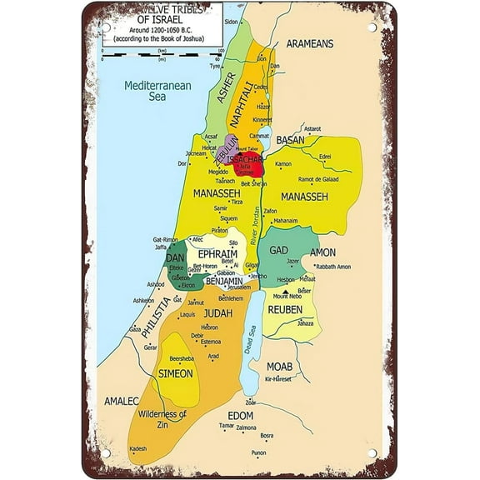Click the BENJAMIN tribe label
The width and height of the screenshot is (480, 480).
pyautogui.click(x=220, y=282)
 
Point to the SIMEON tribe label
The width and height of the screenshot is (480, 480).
pyautogui.click(x=176, y=373)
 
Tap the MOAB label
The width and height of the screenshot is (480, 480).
pyautogui.click(x=278, y=367)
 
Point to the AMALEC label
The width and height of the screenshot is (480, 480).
pyautogui.click(x=121, y=401)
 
